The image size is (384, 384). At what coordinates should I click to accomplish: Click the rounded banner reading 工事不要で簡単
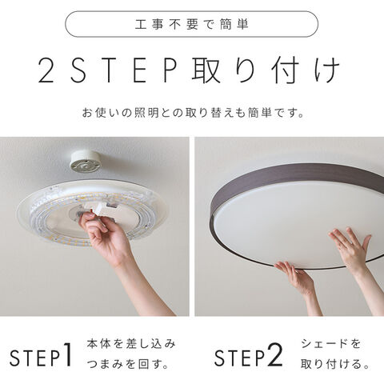pos(191,24)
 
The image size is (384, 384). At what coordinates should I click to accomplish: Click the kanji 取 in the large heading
pos(206,70)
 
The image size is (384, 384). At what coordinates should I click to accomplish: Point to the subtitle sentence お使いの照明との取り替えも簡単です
pos(193,113)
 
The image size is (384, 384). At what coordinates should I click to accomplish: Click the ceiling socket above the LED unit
pos(86,162)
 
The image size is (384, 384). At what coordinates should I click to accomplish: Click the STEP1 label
pos(41,355)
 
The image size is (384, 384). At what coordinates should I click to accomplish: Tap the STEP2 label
pos(248,355)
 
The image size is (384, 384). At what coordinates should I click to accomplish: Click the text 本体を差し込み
pos(131,344)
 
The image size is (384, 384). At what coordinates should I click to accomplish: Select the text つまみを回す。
pos(127,364)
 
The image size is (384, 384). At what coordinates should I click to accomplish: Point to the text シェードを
pos(330,344)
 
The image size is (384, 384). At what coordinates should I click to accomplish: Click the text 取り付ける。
pos(335,364)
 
